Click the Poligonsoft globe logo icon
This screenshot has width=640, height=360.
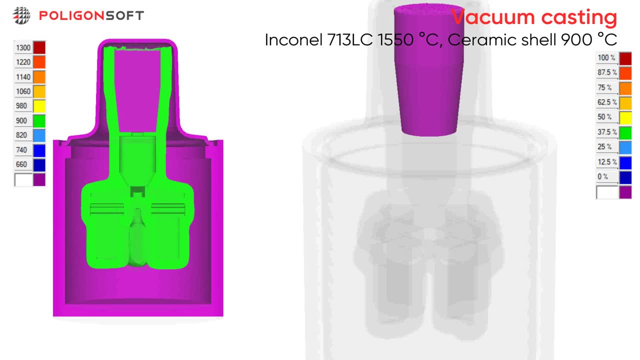pos(21,15)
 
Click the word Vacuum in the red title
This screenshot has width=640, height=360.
pos(493,17)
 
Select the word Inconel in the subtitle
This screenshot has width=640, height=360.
pos(293,39)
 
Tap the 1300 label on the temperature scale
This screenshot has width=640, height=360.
pos(23,47)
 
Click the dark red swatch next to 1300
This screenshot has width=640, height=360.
pos(39,47)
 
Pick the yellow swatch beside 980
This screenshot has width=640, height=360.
pos(39,106)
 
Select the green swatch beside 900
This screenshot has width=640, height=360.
pos(39,121)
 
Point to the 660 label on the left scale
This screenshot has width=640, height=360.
pos(21,164)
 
